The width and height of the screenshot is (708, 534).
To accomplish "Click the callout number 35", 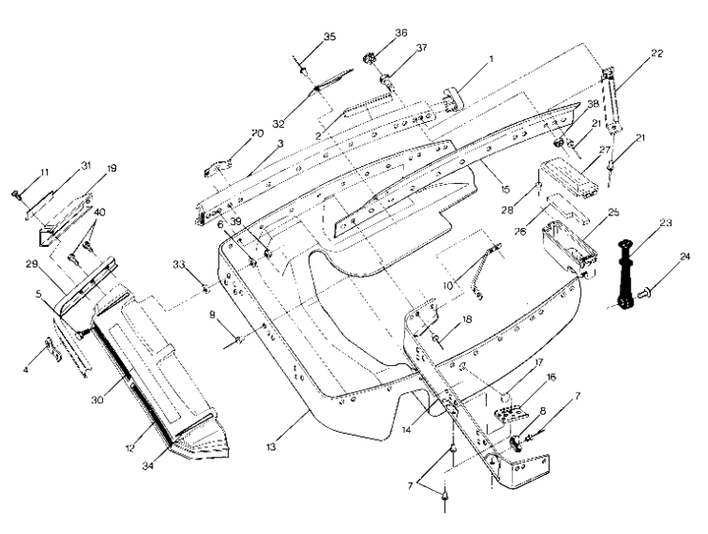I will pyautogui.click(x=329, y=36).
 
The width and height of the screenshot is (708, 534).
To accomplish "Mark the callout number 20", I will pyautogui.click(x=231, y=133).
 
